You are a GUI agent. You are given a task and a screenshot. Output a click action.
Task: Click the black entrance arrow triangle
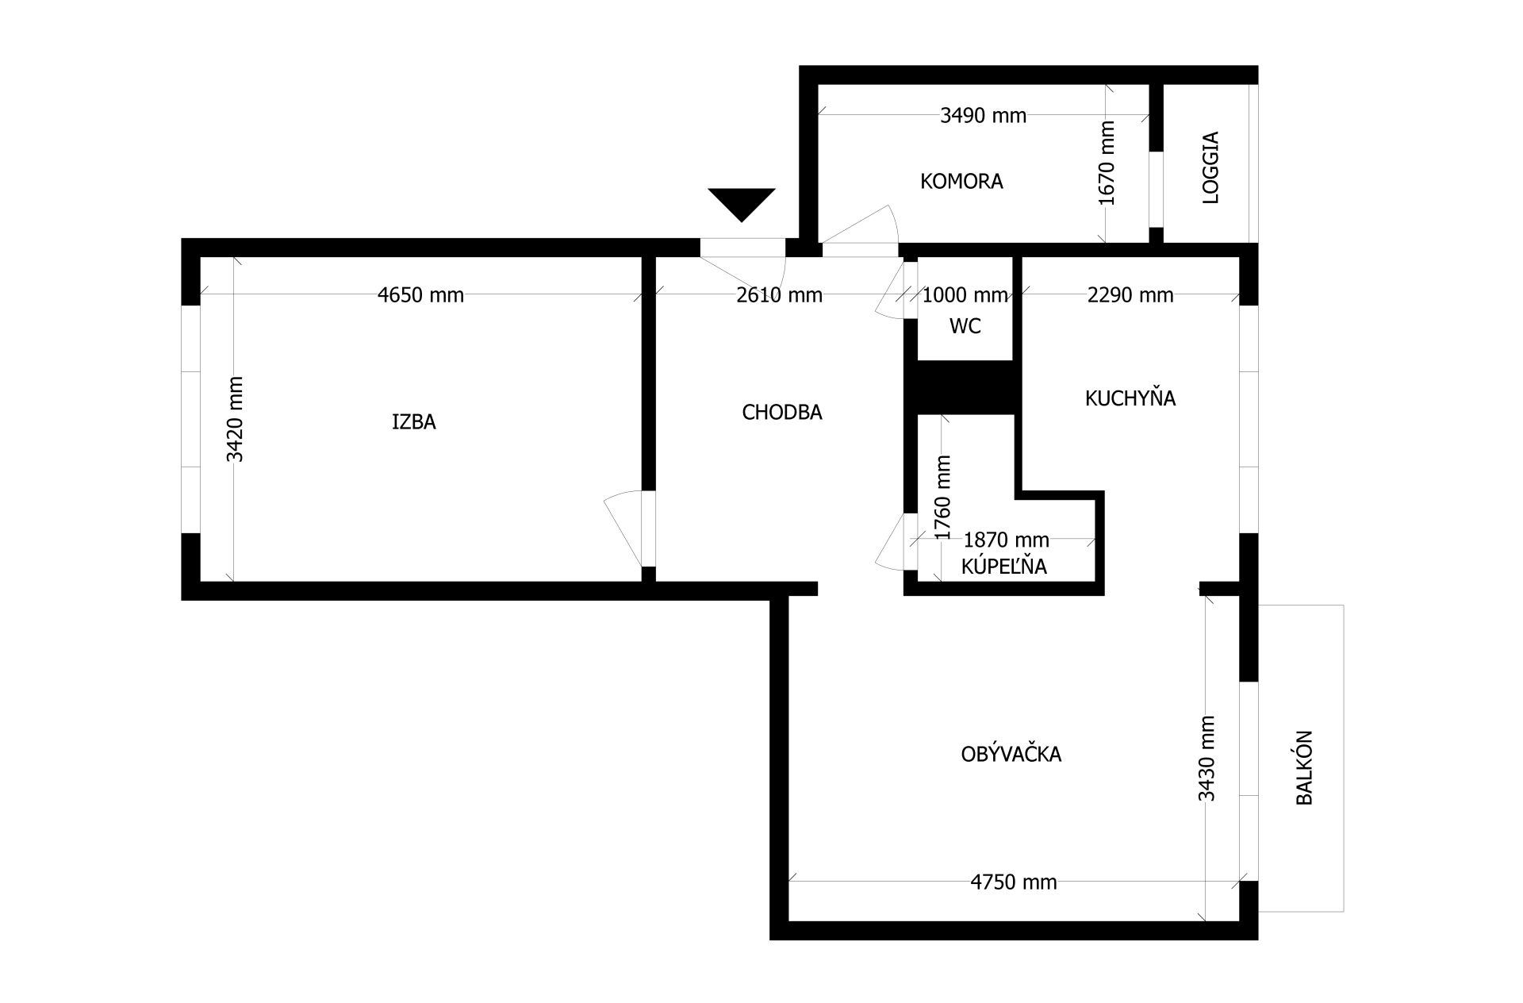point(742,202)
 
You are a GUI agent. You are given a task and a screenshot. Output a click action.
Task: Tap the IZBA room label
point(414,422)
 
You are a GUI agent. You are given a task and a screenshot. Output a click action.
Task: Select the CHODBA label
point(782,413)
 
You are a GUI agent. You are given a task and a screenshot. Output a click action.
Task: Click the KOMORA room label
point(961,182)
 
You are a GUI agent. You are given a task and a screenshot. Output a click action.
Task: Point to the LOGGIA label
point(1210,167)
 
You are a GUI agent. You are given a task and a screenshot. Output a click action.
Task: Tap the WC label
point(965,326)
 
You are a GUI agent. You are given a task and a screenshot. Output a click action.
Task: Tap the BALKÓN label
point(1305,768)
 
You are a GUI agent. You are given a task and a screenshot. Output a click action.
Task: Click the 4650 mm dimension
point(420,295)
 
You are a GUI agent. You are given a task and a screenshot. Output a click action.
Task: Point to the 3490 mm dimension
point(984,116)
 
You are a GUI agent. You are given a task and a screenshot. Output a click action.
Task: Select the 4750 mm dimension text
point(1014,882)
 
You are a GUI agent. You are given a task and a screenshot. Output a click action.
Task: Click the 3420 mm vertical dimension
point(236,419)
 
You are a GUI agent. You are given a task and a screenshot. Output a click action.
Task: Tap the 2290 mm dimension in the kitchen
point(1130,295)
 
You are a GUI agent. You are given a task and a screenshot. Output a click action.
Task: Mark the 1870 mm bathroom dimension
point(1006,540)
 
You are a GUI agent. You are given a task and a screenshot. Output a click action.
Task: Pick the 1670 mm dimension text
point(1107,163)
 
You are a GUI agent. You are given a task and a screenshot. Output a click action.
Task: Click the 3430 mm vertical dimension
point(1207,759)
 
